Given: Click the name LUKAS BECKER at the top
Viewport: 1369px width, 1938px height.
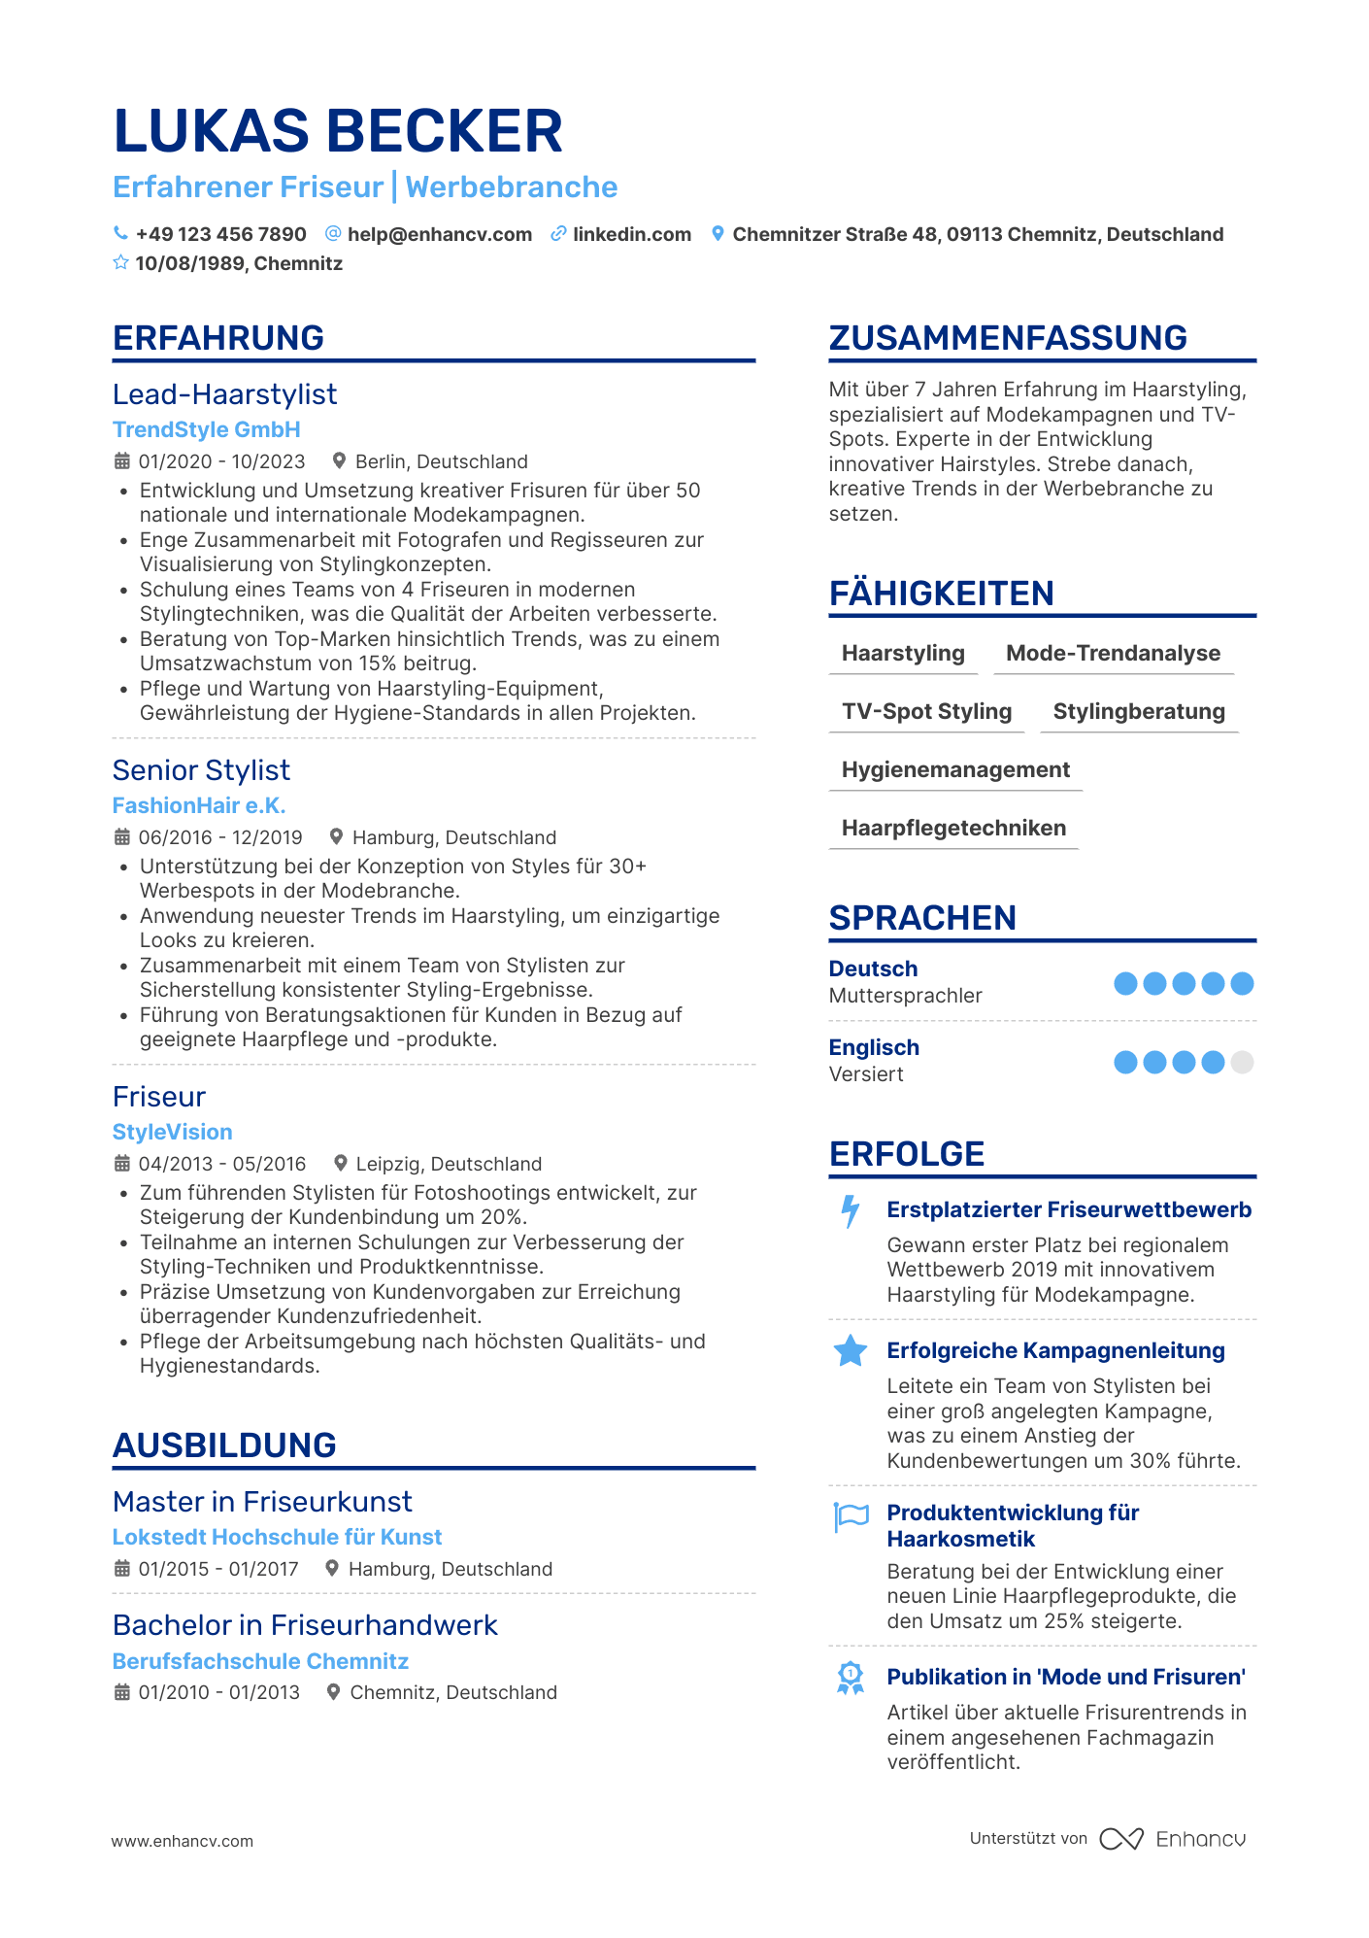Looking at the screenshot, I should pos(337,131).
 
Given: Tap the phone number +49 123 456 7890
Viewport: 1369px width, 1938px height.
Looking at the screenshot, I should pos(220,234).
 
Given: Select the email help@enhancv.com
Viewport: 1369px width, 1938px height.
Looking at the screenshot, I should pos(439,234).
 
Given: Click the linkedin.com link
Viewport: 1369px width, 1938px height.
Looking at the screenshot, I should pos(631,234).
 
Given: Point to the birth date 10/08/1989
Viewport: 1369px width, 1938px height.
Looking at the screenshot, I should pos(192,263).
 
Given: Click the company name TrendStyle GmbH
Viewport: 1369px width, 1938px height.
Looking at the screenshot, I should pos(206,429).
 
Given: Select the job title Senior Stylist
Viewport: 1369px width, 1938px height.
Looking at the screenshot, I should pos(201,770).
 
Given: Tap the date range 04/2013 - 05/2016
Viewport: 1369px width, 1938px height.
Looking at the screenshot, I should pos(221,1164).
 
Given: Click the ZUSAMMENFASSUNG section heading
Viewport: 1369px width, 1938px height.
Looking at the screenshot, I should pos(1007,338).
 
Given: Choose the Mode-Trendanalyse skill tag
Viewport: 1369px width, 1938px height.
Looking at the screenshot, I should pos(1113,654).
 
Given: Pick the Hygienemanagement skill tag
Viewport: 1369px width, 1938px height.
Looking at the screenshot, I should pos(955,770).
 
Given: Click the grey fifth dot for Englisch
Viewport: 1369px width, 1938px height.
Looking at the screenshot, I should pos(1242,1062).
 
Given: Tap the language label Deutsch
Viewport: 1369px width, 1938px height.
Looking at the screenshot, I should pos(873,969).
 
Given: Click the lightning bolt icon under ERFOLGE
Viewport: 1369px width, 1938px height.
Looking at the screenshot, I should pos(851,1211).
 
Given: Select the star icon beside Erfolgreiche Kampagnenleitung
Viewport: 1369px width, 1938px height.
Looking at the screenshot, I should pos(851,1351).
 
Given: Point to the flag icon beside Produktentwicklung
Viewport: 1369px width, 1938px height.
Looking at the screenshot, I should pos(851,1515).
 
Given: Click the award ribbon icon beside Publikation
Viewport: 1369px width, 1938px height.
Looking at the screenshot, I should pos(851,1678).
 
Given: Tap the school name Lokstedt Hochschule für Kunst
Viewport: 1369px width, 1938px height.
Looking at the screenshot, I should pos(277,1537).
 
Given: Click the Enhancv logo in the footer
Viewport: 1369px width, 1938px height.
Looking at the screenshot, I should pos(1172,1839).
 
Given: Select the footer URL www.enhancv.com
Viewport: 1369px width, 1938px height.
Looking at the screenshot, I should pos(183,1841).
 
